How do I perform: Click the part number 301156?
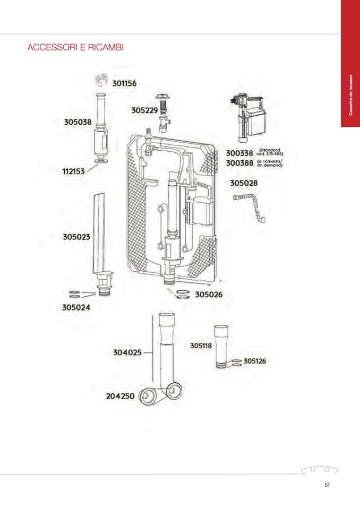point(124,83)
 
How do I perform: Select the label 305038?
point(78,122)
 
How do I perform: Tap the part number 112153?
point(74,171)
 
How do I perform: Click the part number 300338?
point(240,153)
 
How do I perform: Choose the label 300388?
point(240,163)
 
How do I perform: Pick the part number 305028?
point(244,183)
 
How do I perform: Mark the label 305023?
point(76,237)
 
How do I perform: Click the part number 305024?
point(76,307)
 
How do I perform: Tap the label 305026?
point(209,295)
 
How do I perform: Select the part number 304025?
point(127,352)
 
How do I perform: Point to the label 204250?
point(121,396)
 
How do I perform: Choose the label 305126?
point(255,361)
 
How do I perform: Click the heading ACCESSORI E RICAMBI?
point(75,47)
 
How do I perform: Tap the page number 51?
point(328,484)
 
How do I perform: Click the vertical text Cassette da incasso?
point(350,95)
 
